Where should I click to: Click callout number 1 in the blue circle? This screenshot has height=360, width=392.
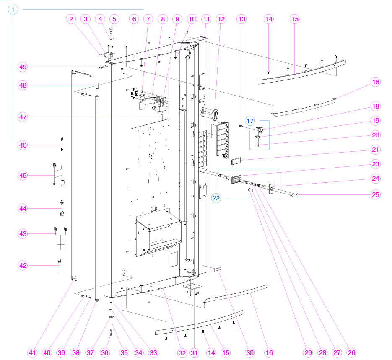tap(13, 10)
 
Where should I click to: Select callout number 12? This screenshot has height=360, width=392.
tap(221, 19)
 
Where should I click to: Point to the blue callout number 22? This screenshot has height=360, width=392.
tap(216, 198)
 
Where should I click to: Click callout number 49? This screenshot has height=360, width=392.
tap(23, 67)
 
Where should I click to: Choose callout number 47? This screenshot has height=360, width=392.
tap(23, 117)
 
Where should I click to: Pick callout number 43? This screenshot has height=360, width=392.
tap(23, 233)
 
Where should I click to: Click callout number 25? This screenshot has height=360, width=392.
tap(375, 194)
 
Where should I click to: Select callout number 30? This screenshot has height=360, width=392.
tap(250, 353)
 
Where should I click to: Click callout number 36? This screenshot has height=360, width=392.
tap(105, 353)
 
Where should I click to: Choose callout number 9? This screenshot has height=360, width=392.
tap(177, 19)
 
